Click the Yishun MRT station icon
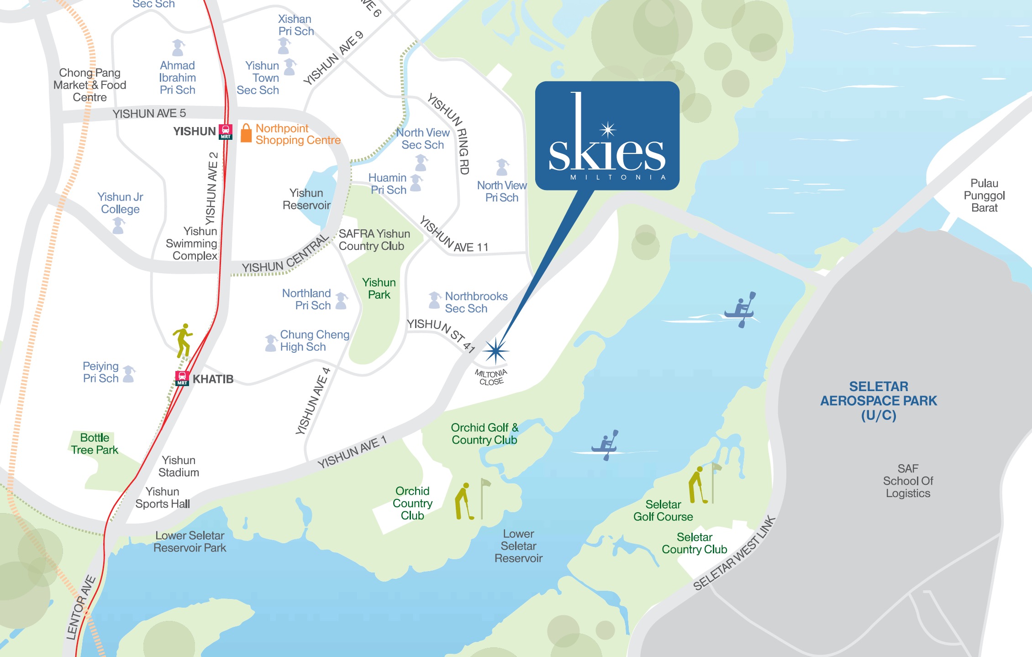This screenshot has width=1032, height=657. [x=226, y=132]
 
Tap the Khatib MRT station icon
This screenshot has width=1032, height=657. [x=182, y=378]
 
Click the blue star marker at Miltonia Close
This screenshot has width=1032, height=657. [x=495, y=351]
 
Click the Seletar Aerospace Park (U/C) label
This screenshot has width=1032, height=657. [x=878, y=401]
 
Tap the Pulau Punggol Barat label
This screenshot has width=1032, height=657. [x=984, y=196]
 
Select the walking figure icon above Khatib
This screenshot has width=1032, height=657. [x=183, y=340]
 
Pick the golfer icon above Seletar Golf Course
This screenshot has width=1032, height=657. [x=697, y=485]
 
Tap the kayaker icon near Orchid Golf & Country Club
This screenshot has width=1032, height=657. [x=605, y=445]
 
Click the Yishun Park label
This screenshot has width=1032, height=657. [x=379, y=288]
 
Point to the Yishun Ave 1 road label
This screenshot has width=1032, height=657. [x=352, y=452]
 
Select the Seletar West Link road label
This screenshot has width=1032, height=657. [x=734, y=553]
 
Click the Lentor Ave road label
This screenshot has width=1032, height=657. [x=81, y=608]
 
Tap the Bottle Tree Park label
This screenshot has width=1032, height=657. [x=95, y=444]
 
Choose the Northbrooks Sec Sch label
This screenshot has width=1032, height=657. [x=475, y=302]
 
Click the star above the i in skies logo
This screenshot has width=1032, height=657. [x=608, y=130]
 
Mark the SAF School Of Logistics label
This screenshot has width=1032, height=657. [x=908, y=481]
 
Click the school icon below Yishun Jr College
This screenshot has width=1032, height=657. [x=119, y=225]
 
